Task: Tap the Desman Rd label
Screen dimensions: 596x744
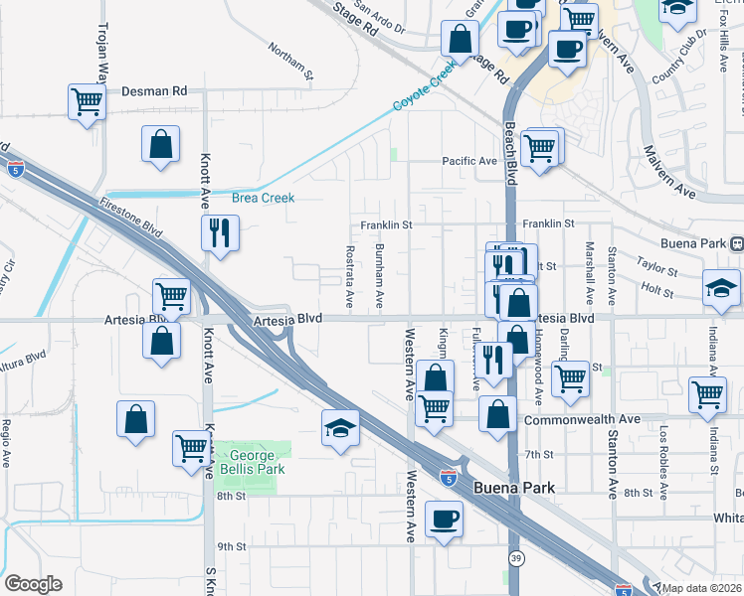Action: [x=154, y=90]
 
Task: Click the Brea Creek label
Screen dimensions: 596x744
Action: [x=264, y=198]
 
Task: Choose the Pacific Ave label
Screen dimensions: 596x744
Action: [x=469, y=161]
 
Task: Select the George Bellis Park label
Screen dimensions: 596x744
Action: [x=252, y=462]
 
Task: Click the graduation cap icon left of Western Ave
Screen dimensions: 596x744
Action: [x=340, y=429]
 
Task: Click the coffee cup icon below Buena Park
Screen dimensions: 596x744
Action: [x=444, y=519]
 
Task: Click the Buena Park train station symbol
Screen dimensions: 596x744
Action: [x=737, y=243]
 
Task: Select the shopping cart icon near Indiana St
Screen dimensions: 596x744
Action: [x=707, y=393]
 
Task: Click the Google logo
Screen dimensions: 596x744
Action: [x=33, y=584]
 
